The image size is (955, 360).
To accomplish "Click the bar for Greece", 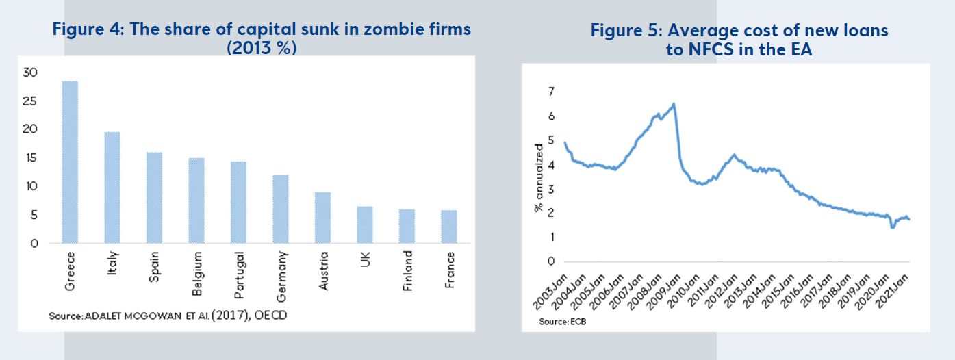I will (70, 162).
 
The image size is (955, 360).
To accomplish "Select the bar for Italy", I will (112, 187).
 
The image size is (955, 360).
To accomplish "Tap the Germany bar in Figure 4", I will (281, 209).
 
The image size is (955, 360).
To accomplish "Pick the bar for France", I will (449, 227).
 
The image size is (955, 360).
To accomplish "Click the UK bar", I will (365, 224).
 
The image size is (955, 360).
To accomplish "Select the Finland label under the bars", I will (408, 272).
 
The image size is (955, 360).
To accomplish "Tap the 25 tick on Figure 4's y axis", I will (30, 101).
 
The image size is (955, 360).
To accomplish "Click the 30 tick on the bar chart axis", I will (30, 72).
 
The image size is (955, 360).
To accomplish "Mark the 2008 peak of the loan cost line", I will (674, 104).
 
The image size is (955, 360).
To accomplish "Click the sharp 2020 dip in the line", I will (893, 227).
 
